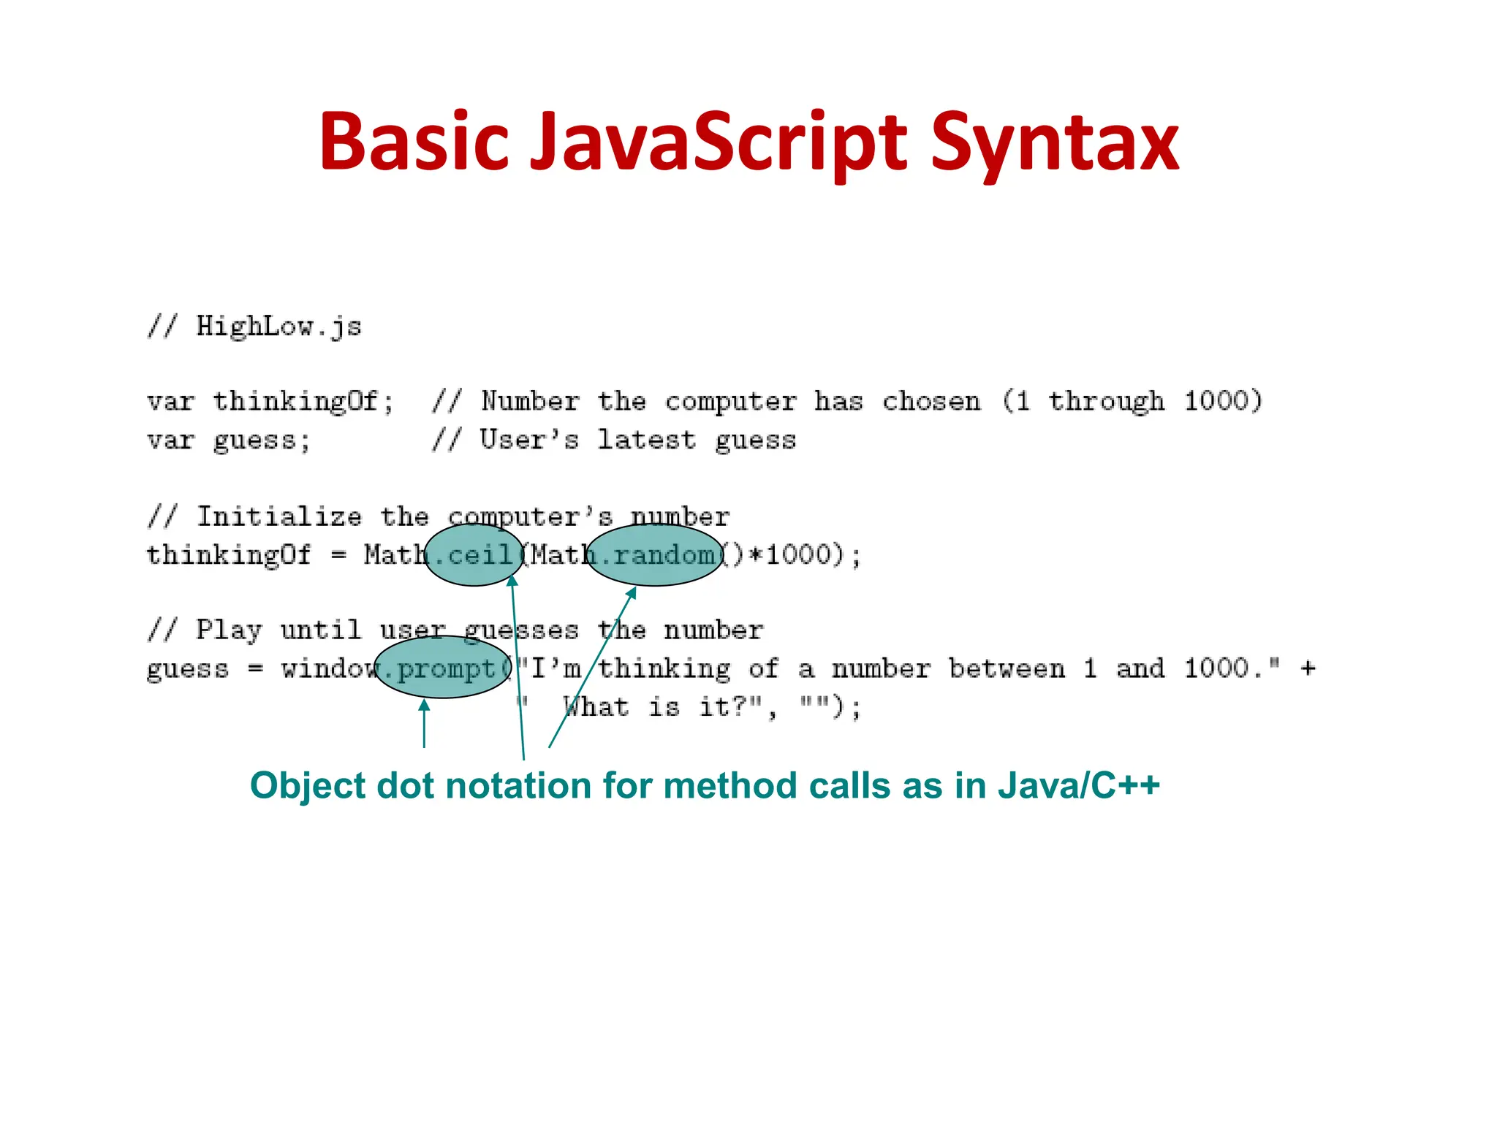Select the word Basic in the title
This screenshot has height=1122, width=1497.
point(414,142)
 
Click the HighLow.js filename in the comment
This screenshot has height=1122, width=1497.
point(278,327)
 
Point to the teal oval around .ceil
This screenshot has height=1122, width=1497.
point(474,555)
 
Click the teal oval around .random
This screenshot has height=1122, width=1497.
point(655,555)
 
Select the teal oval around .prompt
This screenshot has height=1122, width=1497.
point(443,668)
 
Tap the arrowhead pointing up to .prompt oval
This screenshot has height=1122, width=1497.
point(424,704)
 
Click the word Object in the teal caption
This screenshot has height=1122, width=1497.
point(307,786)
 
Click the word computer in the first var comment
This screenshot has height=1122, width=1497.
point(730,402)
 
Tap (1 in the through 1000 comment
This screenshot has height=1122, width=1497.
point(1016,401)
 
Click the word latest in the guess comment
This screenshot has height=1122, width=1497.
point(646,440)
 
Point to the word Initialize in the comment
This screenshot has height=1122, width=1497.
point(279,516)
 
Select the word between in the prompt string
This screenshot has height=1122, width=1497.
point(1007,668)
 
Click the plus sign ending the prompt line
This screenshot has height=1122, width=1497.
point(1308,668)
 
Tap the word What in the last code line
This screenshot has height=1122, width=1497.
point(596,706)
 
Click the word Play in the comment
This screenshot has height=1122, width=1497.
point(228,630)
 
